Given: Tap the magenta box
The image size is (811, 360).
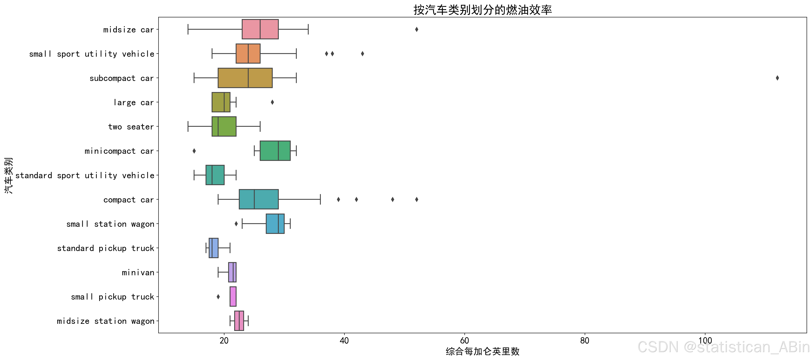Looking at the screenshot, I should [233, 296].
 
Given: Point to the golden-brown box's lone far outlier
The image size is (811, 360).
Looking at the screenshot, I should [777, 78].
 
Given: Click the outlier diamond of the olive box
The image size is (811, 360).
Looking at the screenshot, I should [272, 102].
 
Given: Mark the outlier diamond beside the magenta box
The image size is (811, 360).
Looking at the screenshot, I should [218, 297].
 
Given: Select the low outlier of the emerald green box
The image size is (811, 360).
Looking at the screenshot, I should [194, 151].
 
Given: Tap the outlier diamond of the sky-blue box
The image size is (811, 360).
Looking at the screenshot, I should [236, 224].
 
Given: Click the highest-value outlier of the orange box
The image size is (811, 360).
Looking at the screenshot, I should [362, 54].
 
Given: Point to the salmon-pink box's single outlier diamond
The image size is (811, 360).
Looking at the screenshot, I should [417, 29].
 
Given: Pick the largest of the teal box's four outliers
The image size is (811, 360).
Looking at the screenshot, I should [417, 199].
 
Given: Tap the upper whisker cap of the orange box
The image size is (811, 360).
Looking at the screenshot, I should [296, 54].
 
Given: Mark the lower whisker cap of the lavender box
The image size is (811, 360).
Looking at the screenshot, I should [218, 272].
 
